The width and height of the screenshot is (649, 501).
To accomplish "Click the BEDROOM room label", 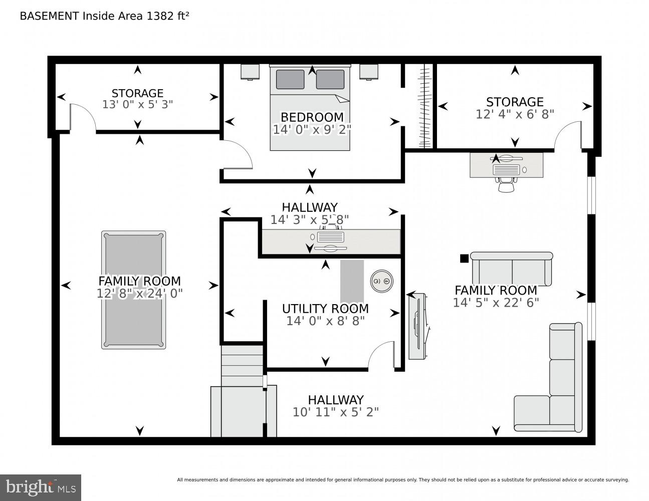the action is (x=312, y=117).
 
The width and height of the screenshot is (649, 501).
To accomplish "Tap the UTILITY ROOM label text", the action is (x=325, y=309).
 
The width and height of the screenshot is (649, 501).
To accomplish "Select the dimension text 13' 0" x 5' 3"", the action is (x=137, y=105).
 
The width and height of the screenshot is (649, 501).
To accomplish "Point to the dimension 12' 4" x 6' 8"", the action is (x=515, y=114).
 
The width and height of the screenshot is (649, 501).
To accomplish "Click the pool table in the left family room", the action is (x=133, y=290).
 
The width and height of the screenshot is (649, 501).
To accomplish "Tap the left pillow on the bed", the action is (x=290, y=80).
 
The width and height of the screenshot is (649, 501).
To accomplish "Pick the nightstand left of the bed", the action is (x=250, y=72).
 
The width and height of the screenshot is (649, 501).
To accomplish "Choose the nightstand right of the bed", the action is (x=368, y=72).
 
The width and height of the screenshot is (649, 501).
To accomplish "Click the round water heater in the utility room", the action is (x=381, y=281).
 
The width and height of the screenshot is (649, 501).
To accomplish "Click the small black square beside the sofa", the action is (x=464, y=259).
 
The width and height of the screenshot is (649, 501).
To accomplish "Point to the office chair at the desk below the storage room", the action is (x=506, y=184).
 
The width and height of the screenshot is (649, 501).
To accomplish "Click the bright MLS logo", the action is (x=41, y=487).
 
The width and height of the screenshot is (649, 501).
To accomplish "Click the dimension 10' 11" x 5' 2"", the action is (x=336, y=412).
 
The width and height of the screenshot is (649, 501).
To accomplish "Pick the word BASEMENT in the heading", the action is (x=49, y=16).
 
